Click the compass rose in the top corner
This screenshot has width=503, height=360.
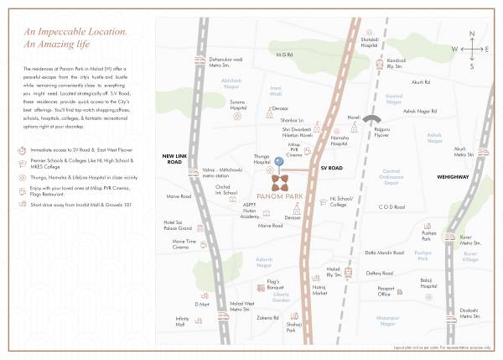click(472, 49)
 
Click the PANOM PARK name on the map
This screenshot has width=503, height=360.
click(281, 198)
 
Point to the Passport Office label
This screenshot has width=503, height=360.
click(384, 292)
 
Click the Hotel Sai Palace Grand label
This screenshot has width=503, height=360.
click(178, 225)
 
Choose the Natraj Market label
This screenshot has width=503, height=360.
click(319, 290)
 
